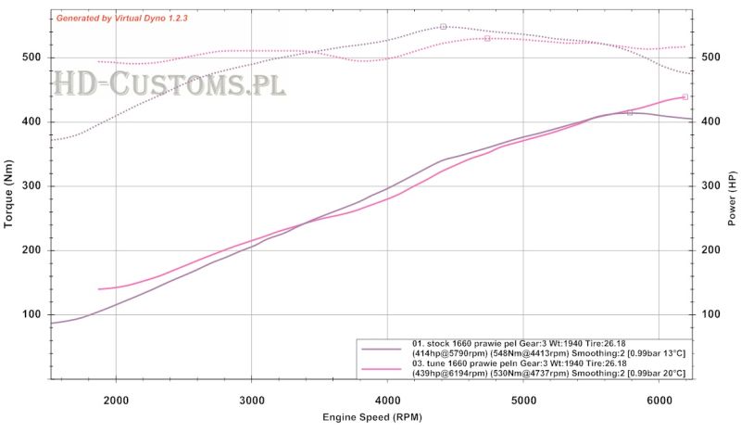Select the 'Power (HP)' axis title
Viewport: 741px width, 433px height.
pyautogui.click(x=732, y=199)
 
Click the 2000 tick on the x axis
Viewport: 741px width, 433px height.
pyautogui.click(x=116, y=400)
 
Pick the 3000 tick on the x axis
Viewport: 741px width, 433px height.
pyautogui.click(x=252, y=400)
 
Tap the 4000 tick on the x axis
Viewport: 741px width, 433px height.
pyautogui.click(x=388, y=400)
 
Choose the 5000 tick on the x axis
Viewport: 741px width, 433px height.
pyautogui.click(x=524, y=400)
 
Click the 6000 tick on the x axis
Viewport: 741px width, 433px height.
pyautogui.click(x=659, y=400)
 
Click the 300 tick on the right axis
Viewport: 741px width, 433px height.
pyautogui.click(x=710, y=186)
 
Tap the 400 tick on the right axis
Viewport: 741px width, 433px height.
pyautogui.click(x=710, y=122)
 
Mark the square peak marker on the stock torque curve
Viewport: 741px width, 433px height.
pyautogui.click(x=444, y=27)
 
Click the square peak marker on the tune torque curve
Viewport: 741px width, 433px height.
pyautogui.click(x=487, y=38)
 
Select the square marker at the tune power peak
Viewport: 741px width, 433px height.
pyautogui.click(x=685, y=96)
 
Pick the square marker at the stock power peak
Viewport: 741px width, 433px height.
pyautogui.click(x=630, y=112)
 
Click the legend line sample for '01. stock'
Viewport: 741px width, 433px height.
pyautogui.click(x=382, y=349)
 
